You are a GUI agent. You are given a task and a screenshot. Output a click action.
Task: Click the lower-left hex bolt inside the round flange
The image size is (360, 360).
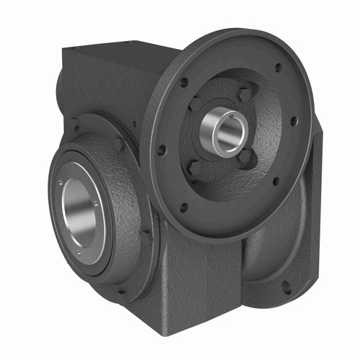(x=193, y=168)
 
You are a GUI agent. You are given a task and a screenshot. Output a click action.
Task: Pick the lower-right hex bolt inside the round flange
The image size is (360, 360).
(x=246, y=156)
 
